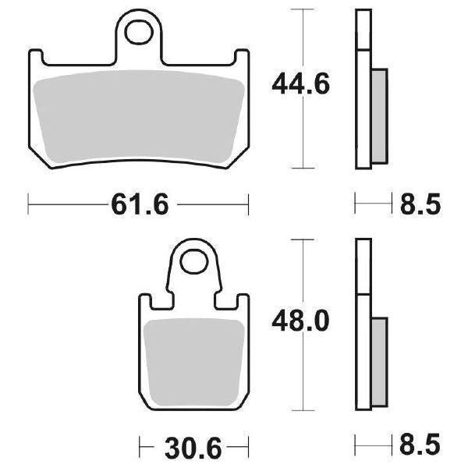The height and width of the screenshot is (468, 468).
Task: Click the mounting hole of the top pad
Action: coord(140,32)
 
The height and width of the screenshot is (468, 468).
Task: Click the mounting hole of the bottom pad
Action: coord(192,263)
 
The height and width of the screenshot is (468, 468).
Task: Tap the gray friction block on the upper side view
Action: coord(378,115)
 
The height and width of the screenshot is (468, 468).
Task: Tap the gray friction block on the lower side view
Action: coord(378,362)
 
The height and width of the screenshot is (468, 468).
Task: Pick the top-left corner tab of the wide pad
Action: coord(36,55)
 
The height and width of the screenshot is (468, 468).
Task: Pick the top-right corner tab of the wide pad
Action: coord(242,55)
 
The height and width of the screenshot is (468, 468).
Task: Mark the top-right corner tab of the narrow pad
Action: coord(240,300)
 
